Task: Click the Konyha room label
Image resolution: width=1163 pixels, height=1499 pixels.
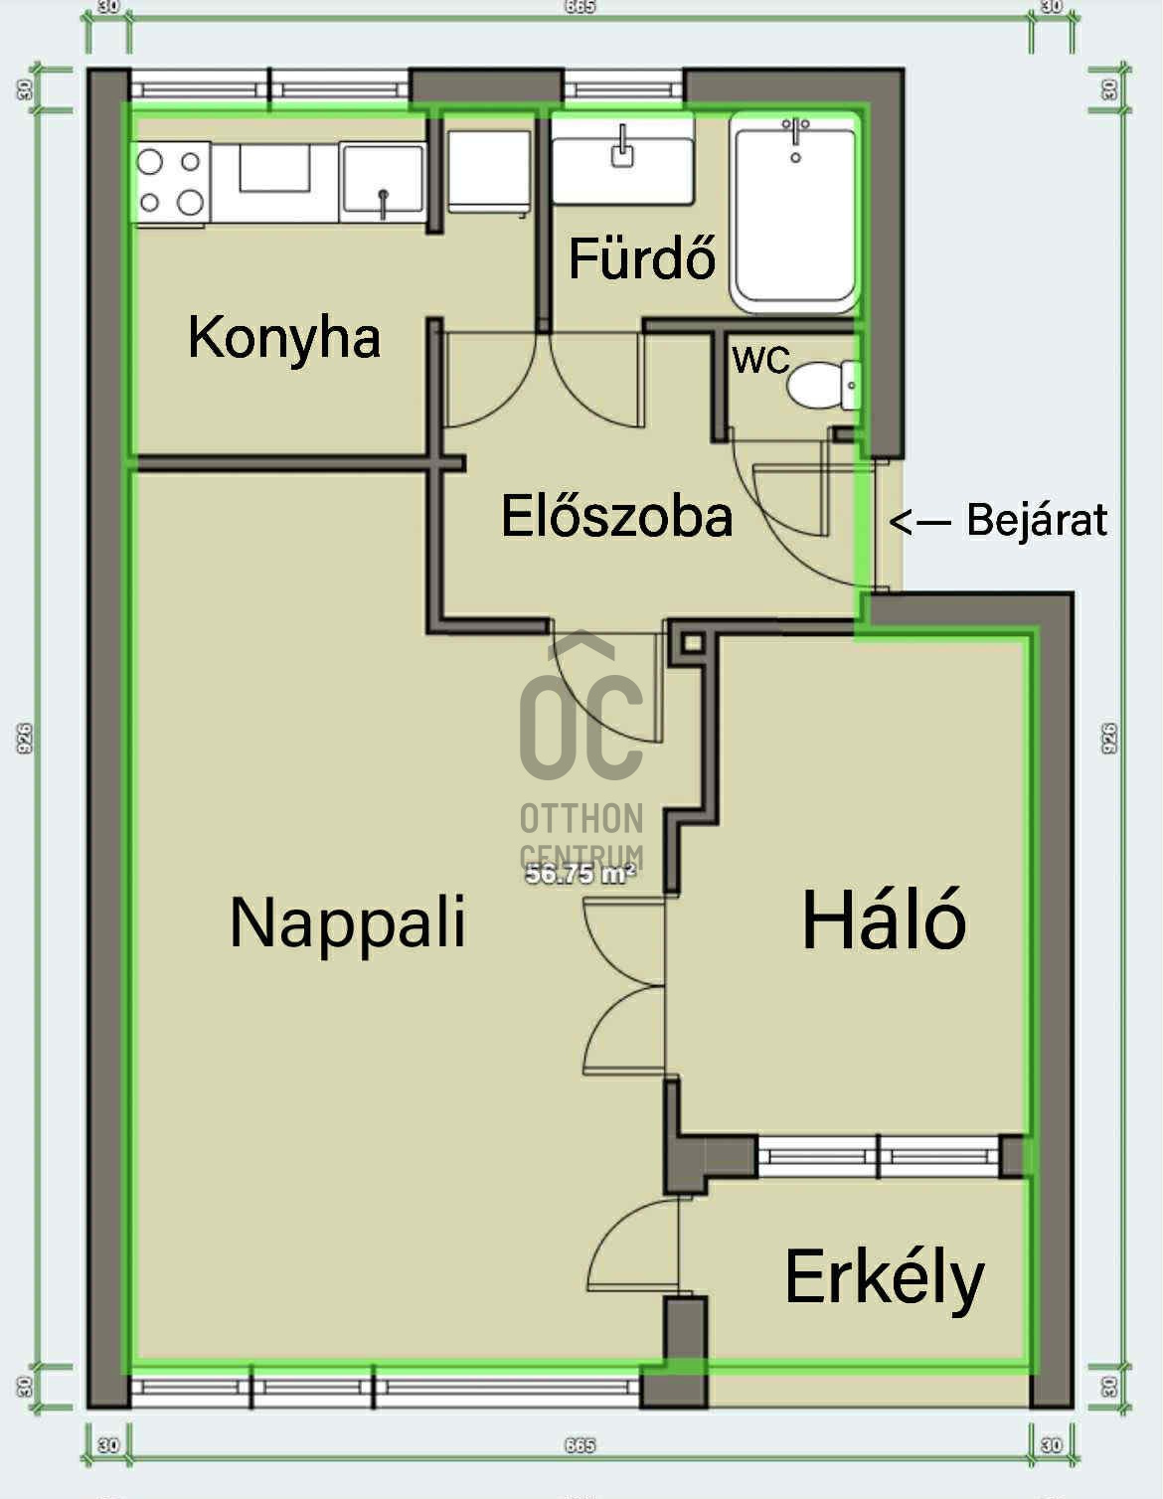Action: click(284, 338)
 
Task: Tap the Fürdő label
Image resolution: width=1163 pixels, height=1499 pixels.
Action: click(641, 258)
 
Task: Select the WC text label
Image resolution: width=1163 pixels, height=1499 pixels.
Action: click(760, 360)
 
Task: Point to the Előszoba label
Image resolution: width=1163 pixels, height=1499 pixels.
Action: click(616, 517)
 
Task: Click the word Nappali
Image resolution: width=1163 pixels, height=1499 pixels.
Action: click(347, 922)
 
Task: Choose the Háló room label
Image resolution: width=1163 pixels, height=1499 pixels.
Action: click(884, 920)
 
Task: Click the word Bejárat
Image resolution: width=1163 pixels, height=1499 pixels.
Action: click(1037, 520)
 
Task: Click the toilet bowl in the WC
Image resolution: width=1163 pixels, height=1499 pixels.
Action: click(821, 384)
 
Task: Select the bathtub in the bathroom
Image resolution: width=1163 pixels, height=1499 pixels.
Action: click(795, 214)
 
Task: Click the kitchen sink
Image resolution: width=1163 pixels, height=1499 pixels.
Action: click(383, 182)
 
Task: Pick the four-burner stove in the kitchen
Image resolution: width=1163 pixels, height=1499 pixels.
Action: click(171, 181)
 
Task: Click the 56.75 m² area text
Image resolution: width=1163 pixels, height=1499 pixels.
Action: click(580, 875)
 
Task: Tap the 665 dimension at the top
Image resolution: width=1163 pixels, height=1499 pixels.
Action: click(580, 7)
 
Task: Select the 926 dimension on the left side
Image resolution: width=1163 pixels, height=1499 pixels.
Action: click(25, 737)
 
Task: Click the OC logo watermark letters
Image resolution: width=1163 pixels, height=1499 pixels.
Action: click(581, 726)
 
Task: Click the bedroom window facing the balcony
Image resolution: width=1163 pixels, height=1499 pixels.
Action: click(878, 1156)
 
